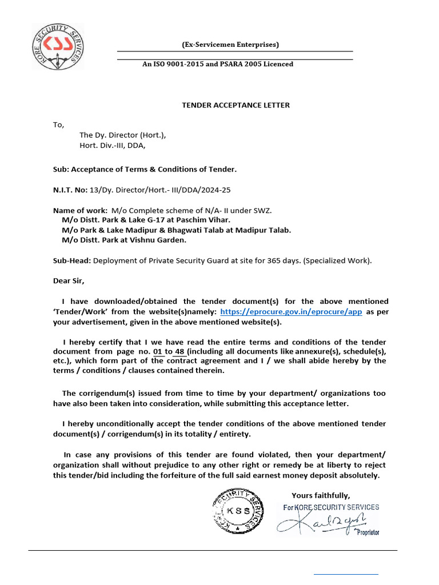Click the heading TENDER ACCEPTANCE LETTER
[236, 105]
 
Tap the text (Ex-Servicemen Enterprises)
[230, 45]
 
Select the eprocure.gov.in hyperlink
[291, 312]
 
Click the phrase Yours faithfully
[321, 495]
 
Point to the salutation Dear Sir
[69, 281]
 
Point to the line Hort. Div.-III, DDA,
[113, 145]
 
